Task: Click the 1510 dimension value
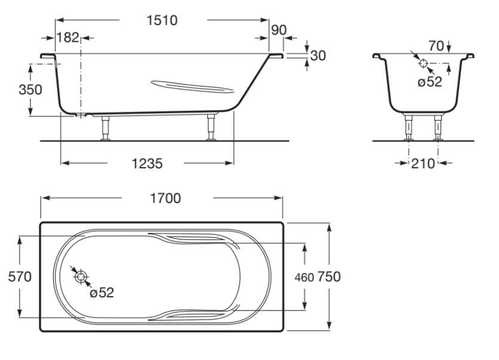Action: point(162,20)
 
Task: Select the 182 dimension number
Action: point(68,38)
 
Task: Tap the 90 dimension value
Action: point(278,30)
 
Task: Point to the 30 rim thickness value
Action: point(319,56)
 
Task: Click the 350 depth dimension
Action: point(30,90)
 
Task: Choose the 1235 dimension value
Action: point(147,163)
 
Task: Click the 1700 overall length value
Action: point(166,198)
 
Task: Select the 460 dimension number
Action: point(304,277)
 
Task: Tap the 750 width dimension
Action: point(329,276)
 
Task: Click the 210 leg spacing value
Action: point(423,163)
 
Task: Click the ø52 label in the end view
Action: point(430,82)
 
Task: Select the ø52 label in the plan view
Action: point(101,293)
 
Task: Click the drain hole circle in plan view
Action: point(81,276)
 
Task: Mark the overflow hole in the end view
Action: point(423,63)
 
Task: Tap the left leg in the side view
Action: point(106,128)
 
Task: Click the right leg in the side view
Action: point(211,128)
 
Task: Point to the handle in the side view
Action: point(191,87)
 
